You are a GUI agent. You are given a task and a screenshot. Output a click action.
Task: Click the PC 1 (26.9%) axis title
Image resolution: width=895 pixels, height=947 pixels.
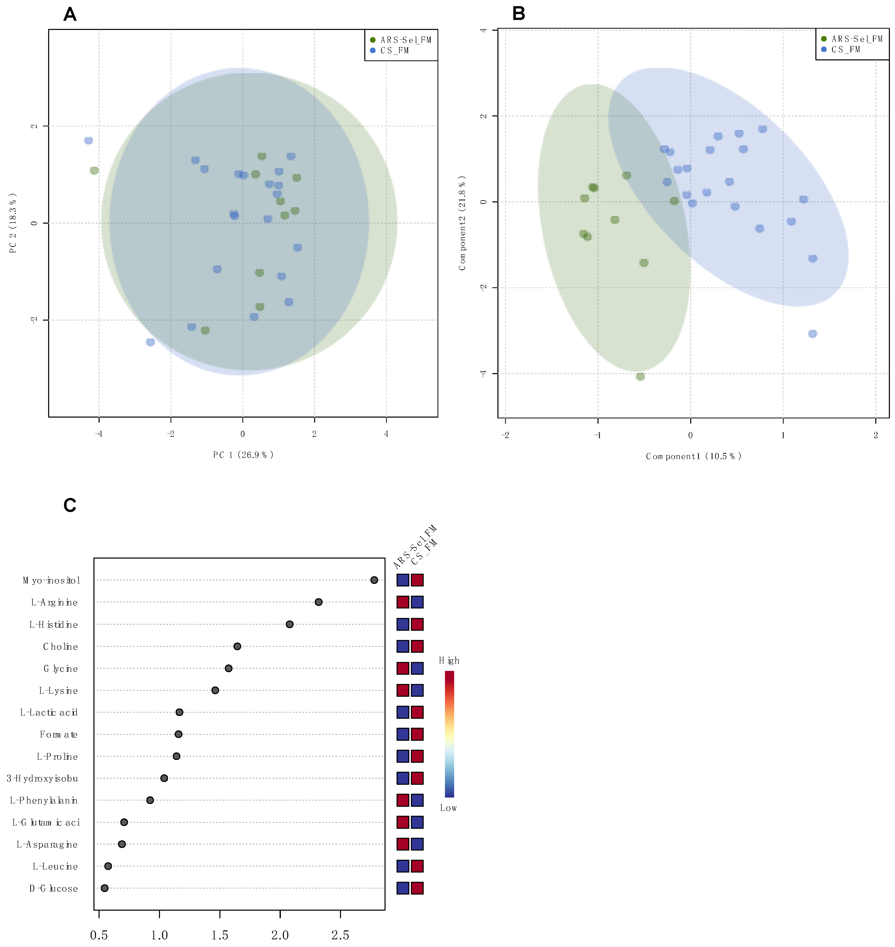243,455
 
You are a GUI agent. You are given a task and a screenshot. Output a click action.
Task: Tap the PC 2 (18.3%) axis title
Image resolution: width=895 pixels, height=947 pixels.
13,223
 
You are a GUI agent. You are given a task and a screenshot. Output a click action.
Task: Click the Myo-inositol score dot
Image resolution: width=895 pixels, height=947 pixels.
374,580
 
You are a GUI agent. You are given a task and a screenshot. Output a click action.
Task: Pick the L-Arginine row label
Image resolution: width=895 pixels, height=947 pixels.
54,602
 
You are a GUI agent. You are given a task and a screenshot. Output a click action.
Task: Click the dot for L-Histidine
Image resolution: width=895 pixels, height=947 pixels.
290,624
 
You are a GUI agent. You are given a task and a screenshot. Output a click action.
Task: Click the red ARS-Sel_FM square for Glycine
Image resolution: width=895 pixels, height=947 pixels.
403,668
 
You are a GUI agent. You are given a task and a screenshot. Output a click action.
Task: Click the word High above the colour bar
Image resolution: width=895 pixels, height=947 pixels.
449,660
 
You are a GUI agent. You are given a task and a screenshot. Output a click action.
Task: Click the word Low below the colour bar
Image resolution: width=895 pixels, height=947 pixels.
448,808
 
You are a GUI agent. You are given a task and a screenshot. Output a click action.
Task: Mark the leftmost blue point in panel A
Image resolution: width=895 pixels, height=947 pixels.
88,140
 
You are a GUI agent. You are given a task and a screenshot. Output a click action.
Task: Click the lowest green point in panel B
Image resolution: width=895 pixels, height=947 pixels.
640,376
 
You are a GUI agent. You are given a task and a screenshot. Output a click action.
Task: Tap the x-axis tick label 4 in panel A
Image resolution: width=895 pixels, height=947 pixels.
386,434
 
